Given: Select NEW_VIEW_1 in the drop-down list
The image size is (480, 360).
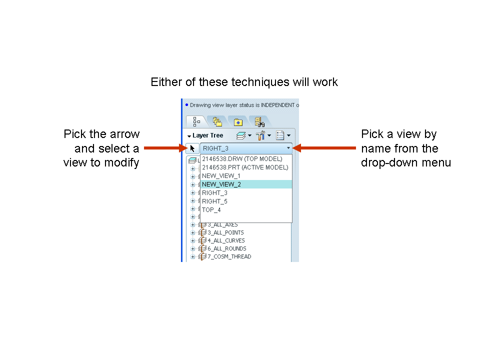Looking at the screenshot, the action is click(x=221, y=176).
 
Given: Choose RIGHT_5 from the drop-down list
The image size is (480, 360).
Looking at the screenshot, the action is click(x=214, y=201).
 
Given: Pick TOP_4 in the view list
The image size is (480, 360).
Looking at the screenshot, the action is click(x=211, y=210).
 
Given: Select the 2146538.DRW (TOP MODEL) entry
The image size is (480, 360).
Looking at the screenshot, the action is click(x=242, y=159).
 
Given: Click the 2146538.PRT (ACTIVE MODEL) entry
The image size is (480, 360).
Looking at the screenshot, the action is click(x=245, y=167).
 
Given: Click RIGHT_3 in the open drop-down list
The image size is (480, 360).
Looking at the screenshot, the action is click(x=214, y=193).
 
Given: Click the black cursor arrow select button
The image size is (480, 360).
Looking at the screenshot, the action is click(x=192, y=148).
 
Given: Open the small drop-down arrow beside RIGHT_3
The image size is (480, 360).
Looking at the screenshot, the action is click(x=288, y=148).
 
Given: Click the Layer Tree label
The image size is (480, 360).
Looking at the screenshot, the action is click(x=208, y=135).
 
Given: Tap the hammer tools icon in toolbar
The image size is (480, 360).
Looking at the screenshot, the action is click(x=260, y=135).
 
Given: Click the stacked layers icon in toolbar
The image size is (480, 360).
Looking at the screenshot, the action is click(x=241, y=135).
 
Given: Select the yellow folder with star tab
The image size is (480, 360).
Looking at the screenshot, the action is click(x=238, y=122).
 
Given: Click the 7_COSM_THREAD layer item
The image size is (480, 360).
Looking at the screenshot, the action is click(x=229, y=256).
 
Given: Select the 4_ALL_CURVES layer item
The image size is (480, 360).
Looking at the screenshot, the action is click(x=226, y=240).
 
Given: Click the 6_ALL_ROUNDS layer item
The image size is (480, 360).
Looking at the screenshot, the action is click(x=227, y=248).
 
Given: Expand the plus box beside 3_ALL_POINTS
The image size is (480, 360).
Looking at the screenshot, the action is click(x=193, y=232).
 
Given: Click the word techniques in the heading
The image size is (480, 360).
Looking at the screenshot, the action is click(x=260, y=82).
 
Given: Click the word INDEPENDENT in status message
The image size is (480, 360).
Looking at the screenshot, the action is click(x=277, y=105).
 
